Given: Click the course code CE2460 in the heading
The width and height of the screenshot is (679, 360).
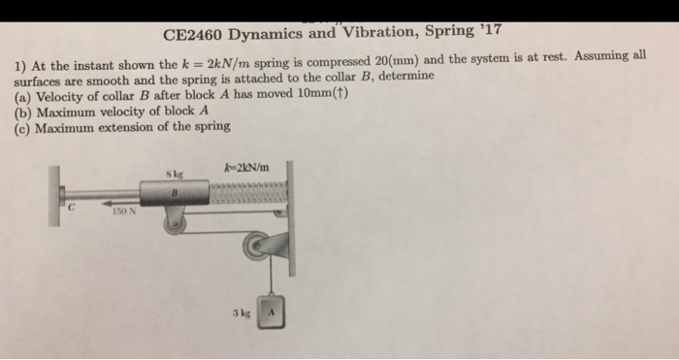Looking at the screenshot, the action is point(193,35).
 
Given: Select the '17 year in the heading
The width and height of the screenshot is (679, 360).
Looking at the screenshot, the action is point(491,30).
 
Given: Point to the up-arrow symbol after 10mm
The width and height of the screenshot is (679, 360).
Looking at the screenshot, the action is point(341,93).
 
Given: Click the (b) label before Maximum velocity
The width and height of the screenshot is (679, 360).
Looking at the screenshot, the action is point(23,114).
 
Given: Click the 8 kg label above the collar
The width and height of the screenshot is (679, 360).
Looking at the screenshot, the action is point(175,175).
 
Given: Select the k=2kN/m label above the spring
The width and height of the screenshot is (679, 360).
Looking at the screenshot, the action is point(246,167).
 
